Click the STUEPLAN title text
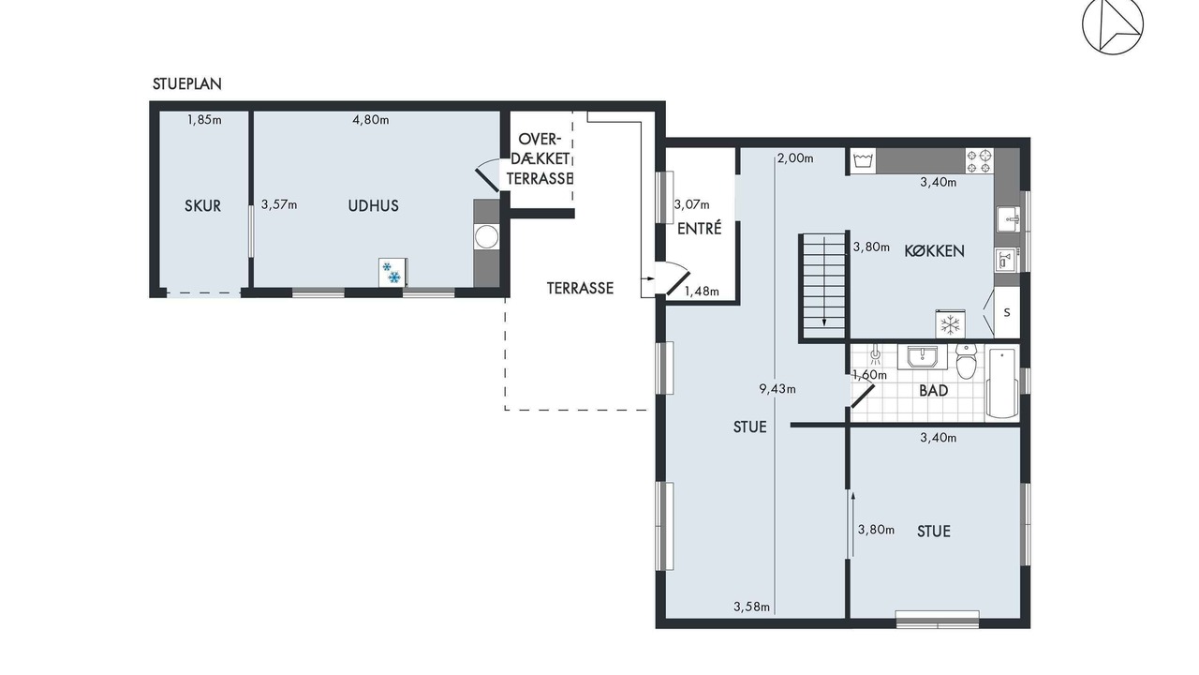(x=186, y=84)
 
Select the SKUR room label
(x=203, y=205)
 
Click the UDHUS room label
(x=373, y=205)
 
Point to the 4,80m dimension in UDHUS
(x=370, y=120)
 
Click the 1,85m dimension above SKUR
(x=204, y=120)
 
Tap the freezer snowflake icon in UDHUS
(x=392, y=273)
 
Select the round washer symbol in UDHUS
(x=486, y=237)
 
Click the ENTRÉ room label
(x=699, y=229)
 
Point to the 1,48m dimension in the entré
(x=702, y=292)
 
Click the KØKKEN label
(x=934, y=250)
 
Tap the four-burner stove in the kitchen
(x=979, y=161)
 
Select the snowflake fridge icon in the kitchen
(x=950, y=324)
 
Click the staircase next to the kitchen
(x=824, y=287)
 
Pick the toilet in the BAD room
(x=966, y=361)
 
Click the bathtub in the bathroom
(x=1002, y=382)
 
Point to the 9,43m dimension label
(x=777, y=389)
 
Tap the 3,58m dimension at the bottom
(x=751, y=607)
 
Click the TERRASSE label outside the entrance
(x=580, y=288)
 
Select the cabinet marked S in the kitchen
(x=1007, y=313)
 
